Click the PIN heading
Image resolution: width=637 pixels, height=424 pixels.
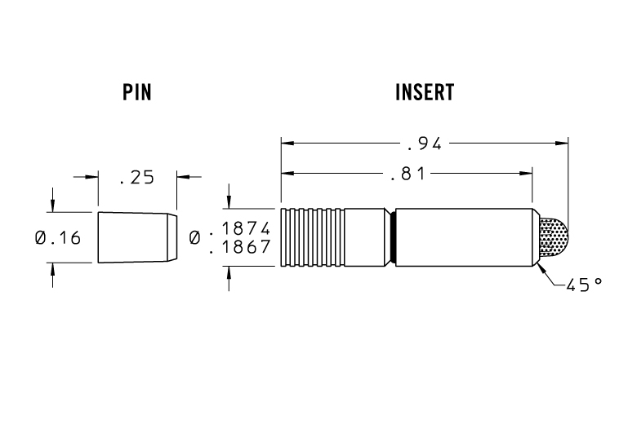coord(137,92)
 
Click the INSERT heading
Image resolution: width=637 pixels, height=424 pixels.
coord(424,92)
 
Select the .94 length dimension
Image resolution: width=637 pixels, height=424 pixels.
coord(424,144)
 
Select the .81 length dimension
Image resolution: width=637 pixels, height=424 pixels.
coord(406,173)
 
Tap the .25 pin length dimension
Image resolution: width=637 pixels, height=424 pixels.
coord(136,177)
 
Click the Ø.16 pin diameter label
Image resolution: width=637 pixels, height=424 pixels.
coord(58,238)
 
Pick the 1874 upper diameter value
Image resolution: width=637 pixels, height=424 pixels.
coord(246,229)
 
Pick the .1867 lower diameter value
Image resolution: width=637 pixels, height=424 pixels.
coord(240,247)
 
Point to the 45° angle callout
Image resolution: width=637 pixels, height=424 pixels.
coord(585,285)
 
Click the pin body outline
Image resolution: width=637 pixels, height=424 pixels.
coord(132,237)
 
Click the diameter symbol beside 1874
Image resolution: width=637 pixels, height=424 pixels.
coord(196,238)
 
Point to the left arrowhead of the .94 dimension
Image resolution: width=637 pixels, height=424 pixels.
coord(286,144)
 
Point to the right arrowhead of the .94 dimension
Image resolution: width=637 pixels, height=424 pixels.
coord(563,144)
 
